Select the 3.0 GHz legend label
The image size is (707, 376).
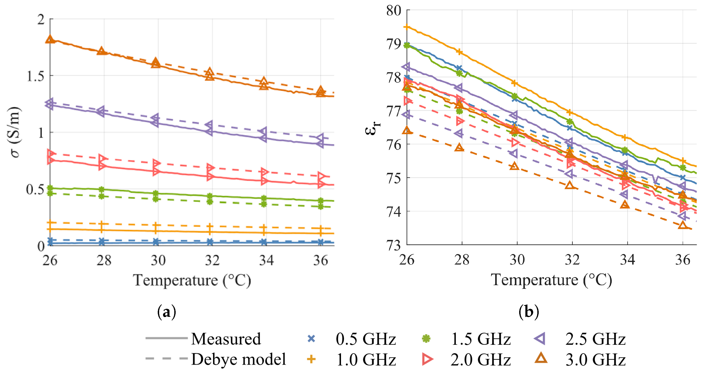point(596,359)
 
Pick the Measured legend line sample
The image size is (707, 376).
point(166,338)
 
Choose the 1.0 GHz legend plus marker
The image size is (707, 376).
point(311,359)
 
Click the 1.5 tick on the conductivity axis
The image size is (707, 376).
point(35,76)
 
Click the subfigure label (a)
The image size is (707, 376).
point(167,312)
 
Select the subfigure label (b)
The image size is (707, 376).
point(529,312)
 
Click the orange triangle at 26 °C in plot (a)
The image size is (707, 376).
point(50,39)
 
